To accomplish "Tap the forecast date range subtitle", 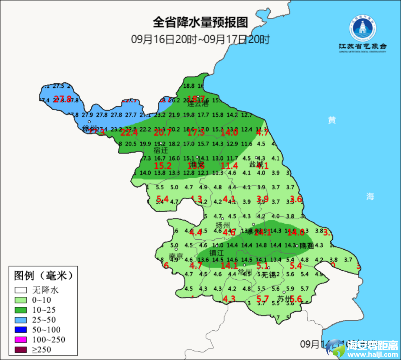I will pyautogui.click(x=200, y=39).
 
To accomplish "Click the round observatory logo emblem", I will pyautogui.click(x=362, y=29).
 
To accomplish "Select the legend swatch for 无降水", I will pyautogui.click(x=20, y=290).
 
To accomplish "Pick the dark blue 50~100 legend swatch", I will pyautogui.click(x=20, y=330).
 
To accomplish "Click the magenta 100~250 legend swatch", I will pyautogui.click(x=20, y=340).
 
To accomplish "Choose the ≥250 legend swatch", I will pyautogui.click(x=20, y=350).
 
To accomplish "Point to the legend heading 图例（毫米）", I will pyautogui.click(x=43, y=276).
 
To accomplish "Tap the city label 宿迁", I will pyautogui.click(x=161, y=150).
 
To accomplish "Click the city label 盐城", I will pyautogui.click(x=256, y=164).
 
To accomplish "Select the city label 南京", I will pyautogui.click(x=176, y=257).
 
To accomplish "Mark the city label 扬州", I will pyautogui.click(x=223, y=225).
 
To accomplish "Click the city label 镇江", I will pyautogui.click(x=216, y=253).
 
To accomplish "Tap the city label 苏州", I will pyautogui.click(x=284, y=299).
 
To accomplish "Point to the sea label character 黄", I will pyautogui.click(x=332, y=120).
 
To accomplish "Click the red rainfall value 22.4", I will pyautogui.click(x=129, y=132).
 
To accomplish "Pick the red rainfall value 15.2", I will pyautogui.click(x=163, y=166).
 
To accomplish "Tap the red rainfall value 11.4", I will pyautogui.click(x=229, y=166).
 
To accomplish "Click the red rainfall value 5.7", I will pyautogui.click(x=263, y=298).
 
